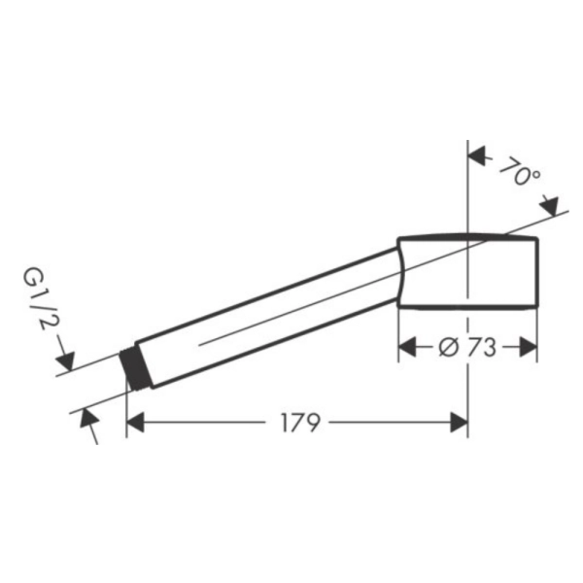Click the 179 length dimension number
pos(300,423)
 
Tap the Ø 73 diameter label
pos(467,348)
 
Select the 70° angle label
pos(520,171)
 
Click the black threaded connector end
pos(136,369)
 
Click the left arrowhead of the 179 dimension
pos(135,423)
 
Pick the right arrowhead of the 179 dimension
pos(459,423)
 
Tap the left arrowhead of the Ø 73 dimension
pos(407,347)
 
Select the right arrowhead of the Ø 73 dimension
pos(528,347)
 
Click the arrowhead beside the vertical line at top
pos(477,155)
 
